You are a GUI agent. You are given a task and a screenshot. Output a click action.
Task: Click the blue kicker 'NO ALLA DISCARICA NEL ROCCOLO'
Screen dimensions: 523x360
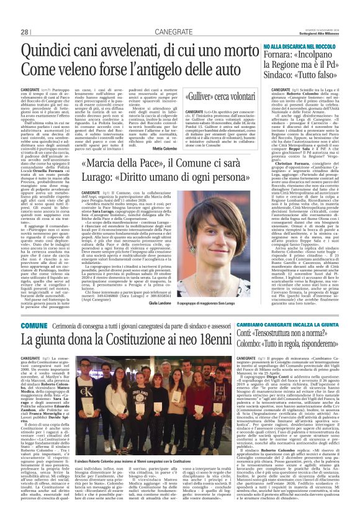(x=299, y=47)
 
